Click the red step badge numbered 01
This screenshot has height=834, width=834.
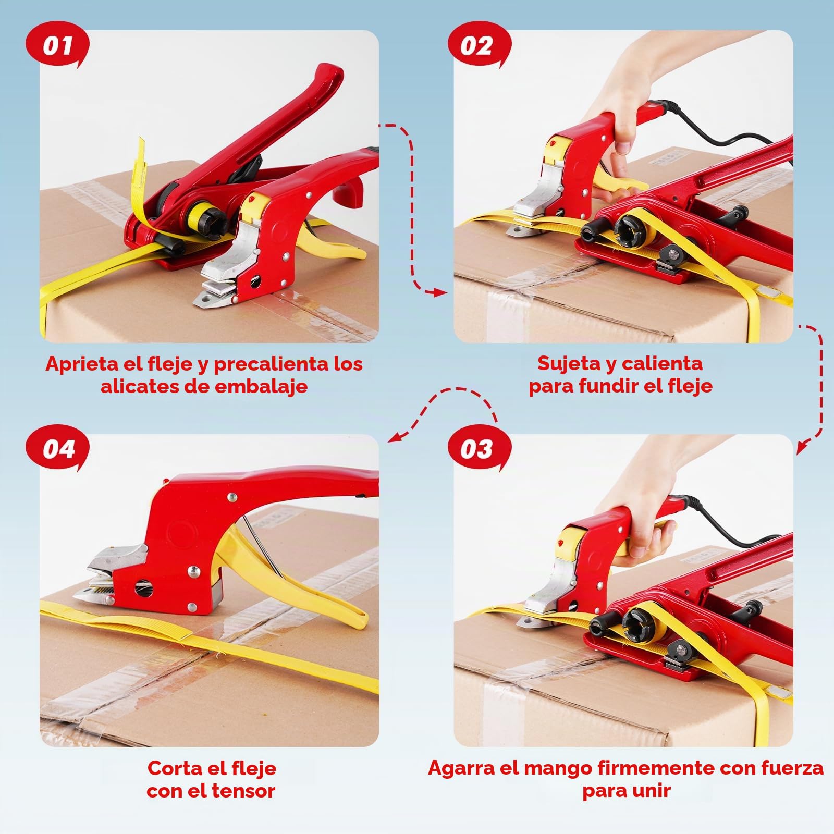(57, 46)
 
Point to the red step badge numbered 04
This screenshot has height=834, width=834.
(57, 449)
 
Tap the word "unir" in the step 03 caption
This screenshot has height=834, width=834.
(649, 791)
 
